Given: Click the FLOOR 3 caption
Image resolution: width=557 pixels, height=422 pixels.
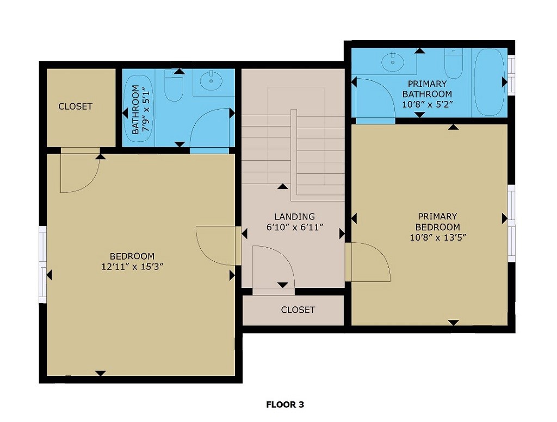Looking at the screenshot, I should (x=284, y=405).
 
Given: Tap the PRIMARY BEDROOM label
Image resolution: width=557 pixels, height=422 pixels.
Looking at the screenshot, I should (x=437, y=222).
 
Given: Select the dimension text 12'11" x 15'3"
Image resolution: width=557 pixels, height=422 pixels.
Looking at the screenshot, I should (x=132, y=266).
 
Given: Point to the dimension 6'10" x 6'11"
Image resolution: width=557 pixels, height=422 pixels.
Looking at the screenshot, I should (x=295, y=228).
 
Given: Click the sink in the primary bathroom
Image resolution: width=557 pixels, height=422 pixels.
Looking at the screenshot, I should (x=392, y=62).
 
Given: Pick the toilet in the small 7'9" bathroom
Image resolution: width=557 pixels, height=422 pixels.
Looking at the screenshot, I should (x=174, y=87).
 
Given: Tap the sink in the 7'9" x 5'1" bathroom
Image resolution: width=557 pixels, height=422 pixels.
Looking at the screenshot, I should (x=211, y=81).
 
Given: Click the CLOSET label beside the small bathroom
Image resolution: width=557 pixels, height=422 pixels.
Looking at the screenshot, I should (x=76, y=106).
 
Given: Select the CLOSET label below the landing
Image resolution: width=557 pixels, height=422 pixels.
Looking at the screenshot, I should (x=298, y=310).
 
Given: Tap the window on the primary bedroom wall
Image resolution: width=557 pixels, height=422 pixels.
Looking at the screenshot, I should (x=511, y=220).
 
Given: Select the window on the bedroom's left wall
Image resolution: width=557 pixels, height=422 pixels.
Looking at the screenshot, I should (x=42, y=264).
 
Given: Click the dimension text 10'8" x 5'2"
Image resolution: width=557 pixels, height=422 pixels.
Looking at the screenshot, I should (x=427, y=104).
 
